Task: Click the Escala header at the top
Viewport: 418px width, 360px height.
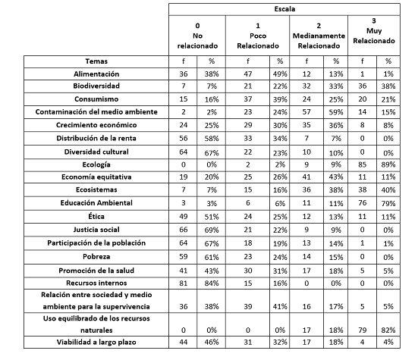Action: pos(291,10)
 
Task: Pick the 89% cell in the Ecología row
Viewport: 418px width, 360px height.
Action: pos(388,164)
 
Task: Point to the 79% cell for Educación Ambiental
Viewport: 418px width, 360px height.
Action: pos(388,203)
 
